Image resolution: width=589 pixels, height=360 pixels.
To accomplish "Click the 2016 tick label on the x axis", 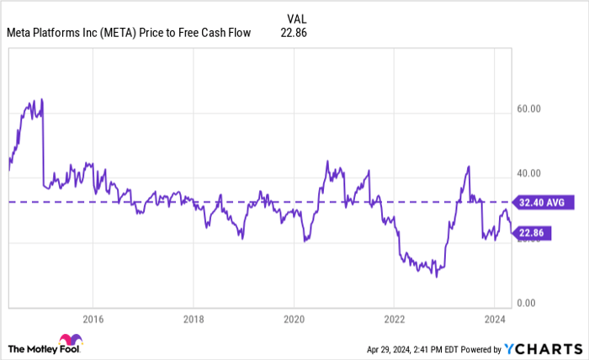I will (93, 320).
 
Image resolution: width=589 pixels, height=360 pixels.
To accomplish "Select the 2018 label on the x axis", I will (193, 320).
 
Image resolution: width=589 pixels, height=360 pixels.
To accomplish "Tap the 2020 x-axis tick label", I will (294, 320).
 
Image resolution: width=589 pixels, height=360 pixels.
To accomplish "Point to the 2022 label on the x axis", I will (394, 320).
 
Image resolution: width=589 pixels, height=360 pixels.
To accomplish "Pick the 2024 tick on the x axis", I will (495, 320).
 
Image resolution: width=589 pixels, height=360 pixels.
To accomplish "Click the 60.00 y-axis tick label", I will (529, 109).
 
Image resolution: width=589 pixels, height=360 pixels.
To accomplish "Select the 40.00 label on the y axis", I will (529, 173).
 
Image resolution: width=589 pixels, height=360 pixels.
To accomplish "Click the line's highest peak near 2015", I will (41, 99).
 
